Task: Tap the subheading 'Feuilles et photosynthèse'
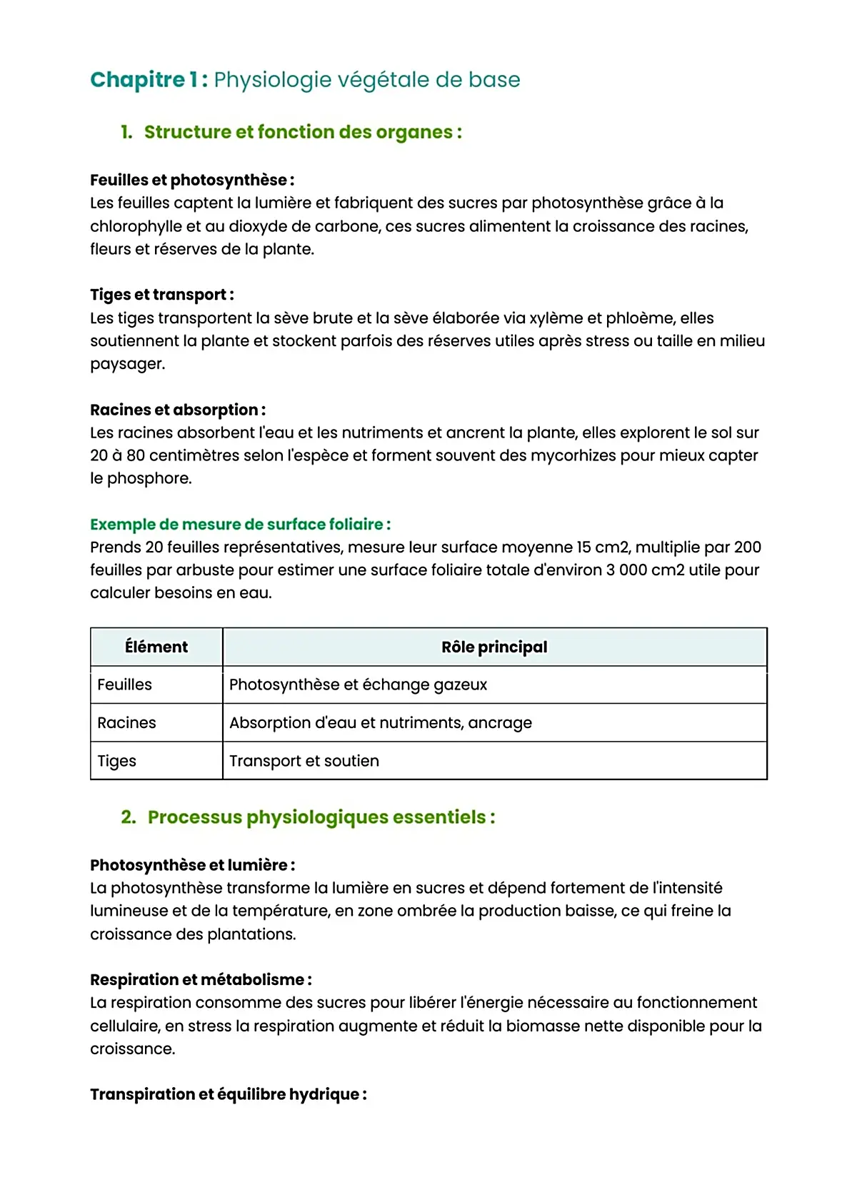click(x=191, y=180)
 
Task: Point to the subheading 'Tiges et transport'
click(x=161, y=295)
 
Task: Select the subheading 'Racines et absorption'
click(x=177, y=410)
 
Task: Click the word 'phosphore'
click(x=149, y=478)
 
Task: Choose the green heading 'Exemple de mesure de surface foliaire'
click(x=239, y=525)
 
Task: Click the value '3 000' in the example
click(x=626, y=570)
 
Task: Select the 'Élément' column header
click(x=156, y=647)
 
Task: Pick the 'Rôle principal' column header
click(x=494, y=647)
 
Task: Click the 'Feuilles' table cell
click(x=125, y=685)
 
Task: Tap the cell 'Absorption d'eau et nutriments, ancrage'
click(x=381, y=723)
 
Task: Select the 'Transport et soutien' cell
click(x=304, y=761)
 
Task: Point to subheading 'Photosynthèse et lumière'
click(x=191, y=865)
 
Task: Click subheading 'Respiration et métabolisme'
click(x=200, y=980)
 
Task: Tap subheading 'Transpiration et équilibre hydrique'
click(x=228, y=1095)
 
